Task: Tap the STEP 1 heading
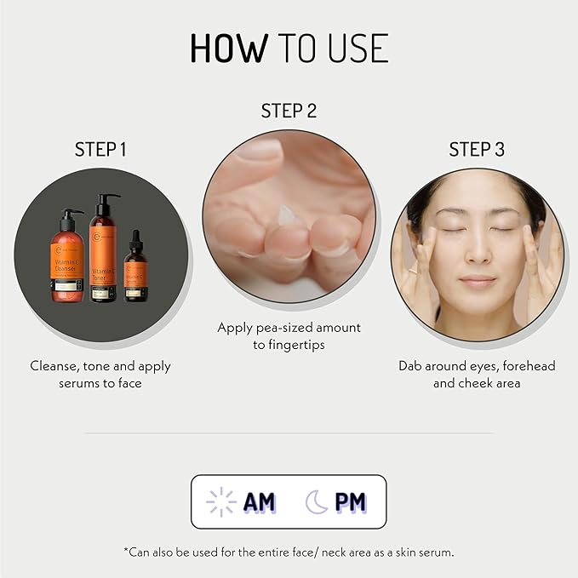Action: tap(100, 150)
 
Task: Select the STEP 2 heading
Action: tap(289, 112)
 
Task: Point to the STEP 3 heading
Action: tap(477, 150)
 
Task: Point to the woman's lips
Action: tap(478, 282)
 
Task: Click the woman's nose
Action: tap(478, 254)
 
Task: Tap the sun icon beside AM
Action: tap(222, 502)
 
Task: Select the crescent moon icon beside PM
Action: tap(317, 502)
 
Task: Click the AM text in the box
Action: tap(260, 502)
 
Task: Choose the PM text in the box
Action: tap(350, 502)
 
